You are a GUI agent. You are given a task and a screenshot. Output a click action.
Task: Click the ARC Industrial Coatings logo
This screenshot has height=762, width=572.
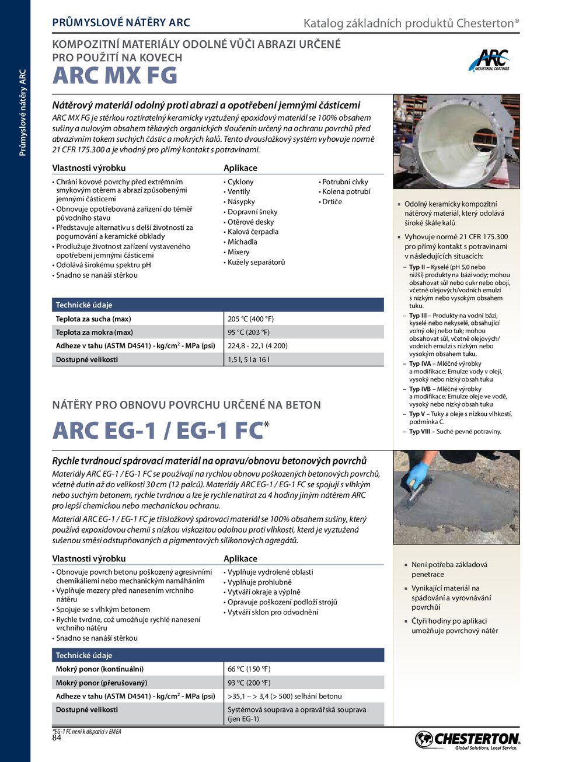(490, 61)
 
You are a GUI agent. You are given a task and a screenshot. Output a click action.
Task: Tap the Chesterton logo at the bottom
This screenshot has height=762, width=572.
(467, 740)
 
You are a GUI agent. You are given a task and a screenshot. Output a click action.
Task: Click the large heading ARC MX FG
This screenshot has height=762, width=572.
(115, 76)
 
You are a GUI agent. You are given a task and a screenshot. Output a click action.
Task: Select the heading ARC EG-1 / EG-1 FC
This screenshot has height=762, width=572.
(158, 431)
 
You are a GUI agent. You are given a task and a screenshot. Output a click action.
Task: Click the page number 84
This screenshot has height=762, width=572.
(57, 737)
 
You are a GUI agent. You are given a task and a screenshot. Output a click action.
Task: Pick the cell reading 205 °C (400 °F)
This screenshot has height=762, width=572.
(250, 319)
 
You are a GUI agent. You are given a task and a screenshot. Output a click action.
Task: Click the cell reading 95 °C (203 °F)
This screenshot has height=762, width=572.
(249, 333)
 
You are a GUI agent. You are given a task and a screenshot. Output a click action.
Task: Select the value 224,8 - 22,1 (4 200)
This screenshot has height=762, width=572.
(257, 346)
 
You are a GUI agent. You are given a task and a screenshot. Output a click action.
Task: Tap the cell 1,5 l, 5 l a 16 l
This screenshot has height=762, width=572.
(249, 360)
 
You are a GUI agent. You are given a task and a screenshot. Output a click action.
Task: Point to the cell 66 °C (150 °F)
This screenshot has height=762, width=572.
(249, 669)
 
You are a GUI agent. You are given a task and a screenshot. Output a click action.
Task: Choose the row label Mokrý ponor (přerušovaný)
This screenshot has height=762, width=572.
(102, 683)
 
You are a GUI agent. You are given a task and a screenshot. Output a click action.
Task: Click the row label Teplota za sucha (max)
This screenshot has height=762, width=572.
(93, 319)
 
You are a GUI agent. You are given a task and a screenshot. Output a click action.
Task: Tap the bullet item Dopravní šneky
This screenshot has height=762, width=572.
(252, 212)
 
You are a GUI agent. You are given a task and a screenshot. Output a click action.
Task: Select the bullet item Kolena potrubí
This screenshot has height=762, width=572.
(346, 191)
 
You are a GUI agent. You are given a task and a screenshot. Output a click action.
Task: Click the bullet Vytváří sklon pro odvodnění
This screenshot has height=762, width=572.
(273, 612)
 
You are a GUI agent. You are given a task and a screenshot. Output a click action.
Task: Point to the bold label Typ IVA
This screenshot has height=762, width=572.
(420, 363)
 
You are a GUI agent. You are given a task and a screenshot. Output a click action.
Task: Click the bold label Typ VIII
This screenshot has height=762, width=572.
(421, 432)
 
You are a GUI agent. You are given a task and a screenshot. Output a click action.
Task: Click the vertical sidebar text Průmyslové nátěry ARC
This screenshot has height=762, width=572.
(23, 113)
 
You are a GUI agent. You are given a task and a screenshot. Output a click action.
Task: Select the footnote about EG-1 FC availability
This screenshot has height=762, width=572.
(87, 731)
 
